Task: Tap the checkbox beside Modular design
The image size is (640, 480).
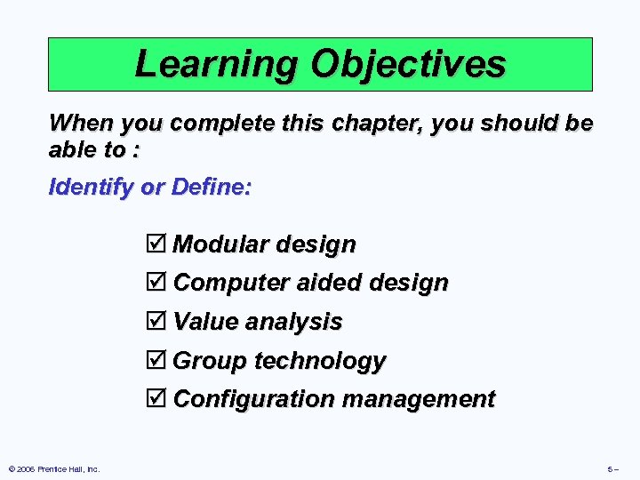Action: pos(160,244)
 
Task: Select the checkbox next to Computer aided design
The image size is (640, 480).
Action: pos(160,283)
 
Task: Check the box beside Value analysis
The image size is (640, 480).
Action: pos(160,322)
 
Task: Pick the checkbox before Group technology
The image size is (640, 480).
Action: pos(160,361)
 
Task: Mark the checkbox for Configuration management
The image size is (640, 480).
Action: pos(160,399)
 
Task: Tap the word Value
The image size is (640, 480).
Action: pos(208,322)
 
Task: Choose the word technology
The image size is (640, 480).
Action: pos(320,361)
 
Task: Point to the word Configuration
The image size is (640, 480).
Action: pos(253,399)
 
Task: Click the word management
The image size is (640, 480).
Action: pos(418,399)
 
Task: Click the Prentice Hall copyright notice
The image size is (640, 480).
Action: pos(54,468)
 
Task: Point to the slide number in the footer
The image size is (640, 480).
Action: pos(613,468)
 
